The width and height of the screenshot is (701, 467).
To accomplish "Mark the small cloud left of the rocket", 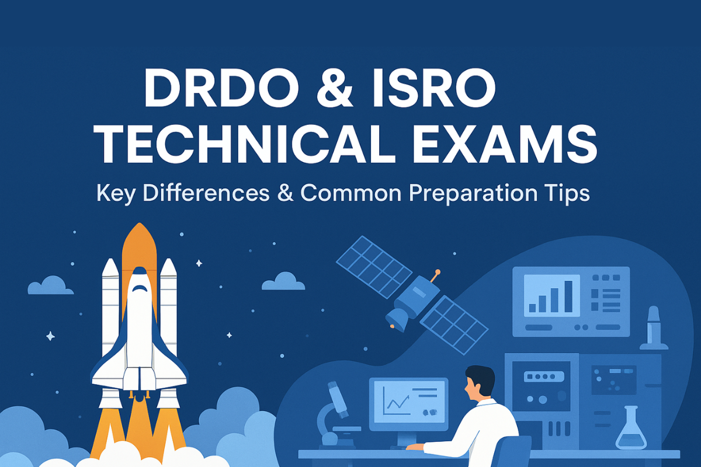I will [x=50, y=285].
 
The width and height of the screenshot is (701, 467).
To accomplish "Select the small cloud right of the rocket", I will [x=283, y=281].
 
